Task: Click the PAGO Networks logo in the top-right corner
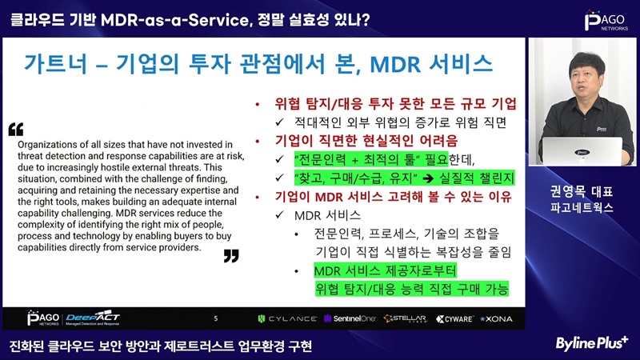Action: (x=606, y=21)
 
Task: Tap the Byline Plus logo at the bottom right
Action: (x=591, y=343)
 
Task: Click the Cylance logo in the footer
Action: (x=287, y=318)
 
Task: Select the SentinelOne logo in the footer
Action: (x=350, y=318)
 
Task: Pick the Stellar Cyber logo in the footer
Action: (x=406, y=318)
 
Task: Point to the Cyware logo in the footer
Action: (x=454, y=318)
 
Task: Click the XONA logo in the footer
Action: (x=496, y=318)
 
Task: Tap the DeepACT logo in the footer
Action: (x=93, y=318)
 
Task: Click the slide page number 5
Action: (x=216, y=318)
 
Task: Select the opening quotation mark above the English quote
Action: (x=16, y=130)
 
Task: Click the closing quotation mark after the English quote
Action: (x=231, y=256)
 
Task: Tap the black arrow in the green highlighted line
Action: (x=428, y=178)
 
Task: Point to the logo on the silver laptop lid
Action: (x=582, y=152)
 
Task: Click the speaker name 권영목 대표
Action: (x=582, y=191)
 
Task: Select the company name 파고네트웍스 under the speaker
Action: (x=582, y=208)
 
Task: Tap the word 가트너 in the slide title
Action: (x=55, y=64)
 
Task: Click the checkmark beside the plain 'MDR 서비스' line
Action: (x=279, y=214)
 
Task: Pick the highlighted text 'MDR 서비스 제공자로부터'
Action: (x=386, y=270)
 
